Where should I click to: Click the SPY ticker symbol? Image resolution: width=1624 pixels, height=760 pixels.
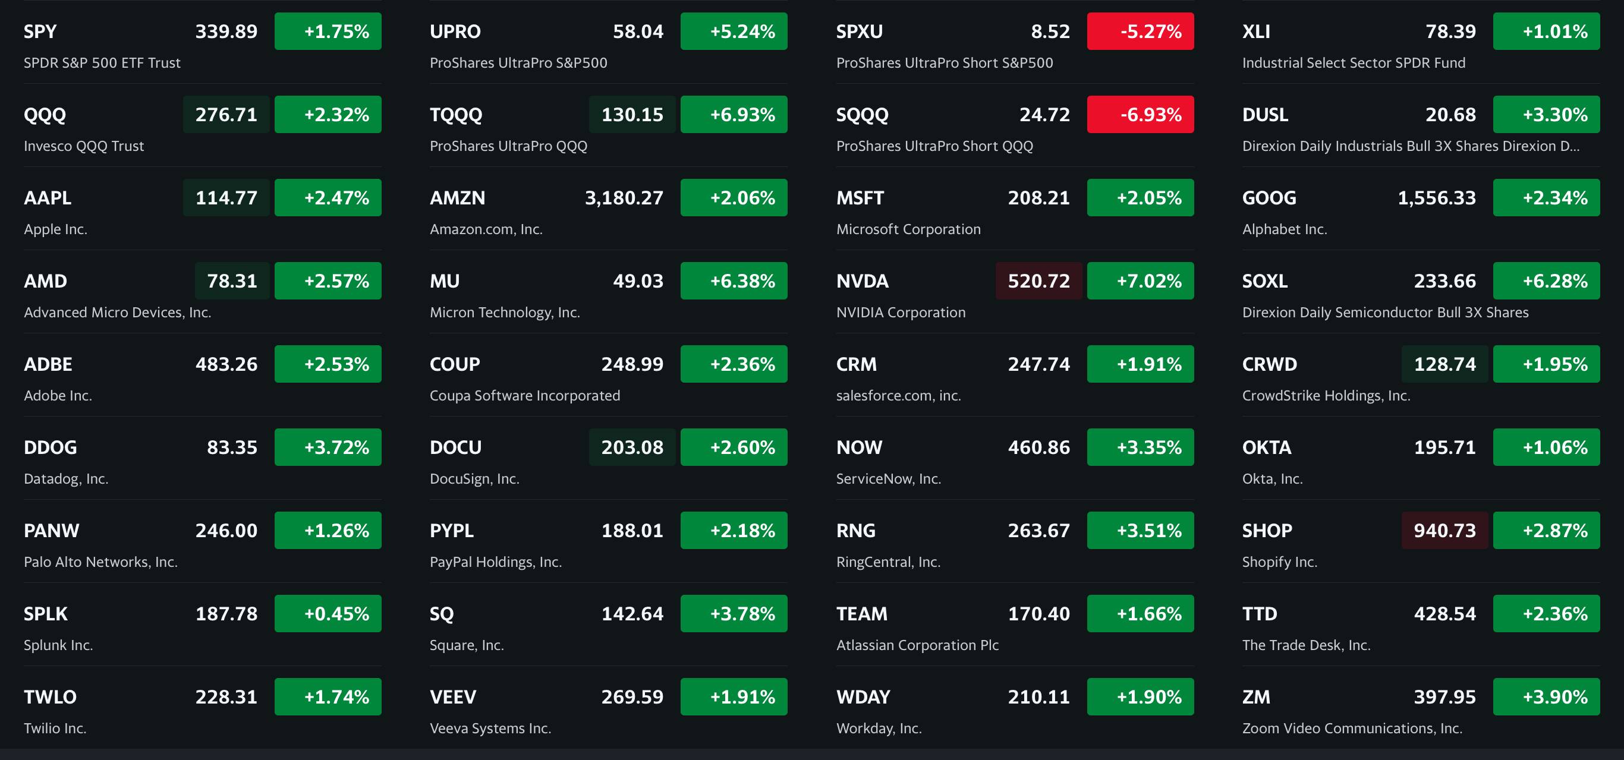pyautogui.click(x=40, y=31)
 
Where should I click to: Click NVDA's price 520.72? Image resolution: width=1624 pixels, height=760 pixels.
pyautogui.click(x=1038, y=281)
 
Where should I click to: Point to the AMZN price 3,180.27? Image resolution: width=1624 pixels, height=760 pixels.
pyautogui.click(x=624, y=198)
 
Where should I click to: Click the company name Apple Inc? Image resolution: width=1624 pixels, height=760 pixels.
pyautogui.click(x=55, y=229)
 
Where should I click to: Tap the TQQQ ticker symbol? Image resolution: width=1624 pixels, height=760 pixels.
pyautogui.click(x=456, y=115)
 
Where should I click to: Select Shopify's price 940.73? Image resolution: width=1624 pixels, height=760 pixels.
pyautogui.click(x=1444, y=531)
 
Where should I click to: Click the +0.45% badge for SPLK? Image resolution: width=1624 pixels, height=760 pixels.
pyautogui.click(x=328, y=614)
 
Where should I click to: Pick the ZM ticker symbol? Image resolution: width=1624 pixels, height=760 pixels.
pyautogui.click(x=1256, y=697)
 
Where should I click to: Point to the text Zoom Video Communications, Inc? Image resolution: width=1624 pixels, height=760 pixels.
pyautogui.click(x=1352, y=729)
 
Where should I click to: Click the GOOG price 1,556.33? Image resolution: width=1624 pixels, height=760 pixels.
pyautogui.click(x=1436, y=198)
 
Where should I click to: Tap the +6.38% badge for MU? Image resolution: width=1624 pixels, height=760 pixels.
pyautogui.click(x=734, y=281)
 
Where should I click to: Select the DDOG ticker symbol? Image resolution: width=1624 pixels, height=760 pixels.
pyautogui.click(x=51, y=447)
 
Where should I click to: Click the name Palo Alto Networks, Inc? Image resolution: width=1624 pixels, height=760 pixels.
pyautogui.click(x=101, y=562)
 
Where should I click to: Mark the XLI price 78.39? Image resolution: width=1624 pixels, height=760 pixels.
pyautogui.click(x=1450, y=31)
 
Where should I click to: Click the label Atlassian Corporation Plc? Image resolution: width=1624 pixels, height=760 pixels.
pyautogui.click(x=917, y=645)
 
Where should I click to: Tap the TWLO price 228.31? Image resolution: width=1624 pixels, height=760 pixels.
pyautogui.click(x=226, y=697)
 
